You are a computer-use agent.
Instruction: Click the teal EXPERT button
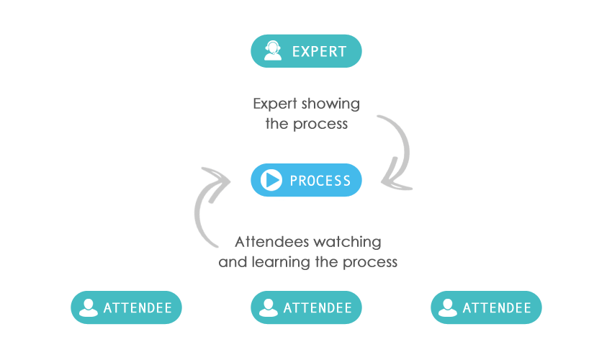[306, 51]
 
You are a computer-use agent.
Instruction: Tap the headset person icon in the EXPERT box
[273, 51]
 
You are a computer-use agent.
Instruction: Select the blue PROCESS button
[306, 180]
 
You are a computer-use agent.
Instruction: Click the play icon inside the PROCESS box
[271, 180]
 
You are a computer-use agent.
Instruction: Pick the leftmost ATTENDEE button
[126, 307]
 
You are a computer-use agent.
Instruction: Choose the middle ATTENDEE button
[306, 307]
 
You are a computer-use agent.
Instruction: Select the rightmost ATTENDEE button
[486, 307]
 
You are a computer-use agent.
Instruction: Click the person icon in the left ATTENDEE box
[89, 307]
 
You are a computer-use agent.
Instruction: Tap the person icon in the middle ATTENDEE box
[269, 307]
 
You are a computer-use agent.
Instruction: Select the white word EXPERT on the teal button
[319, 52]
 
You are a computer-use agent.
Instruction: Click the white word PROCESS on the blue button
[320, 181]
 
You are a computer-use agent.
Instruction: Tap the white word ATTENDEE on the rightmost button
[497, 308]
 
